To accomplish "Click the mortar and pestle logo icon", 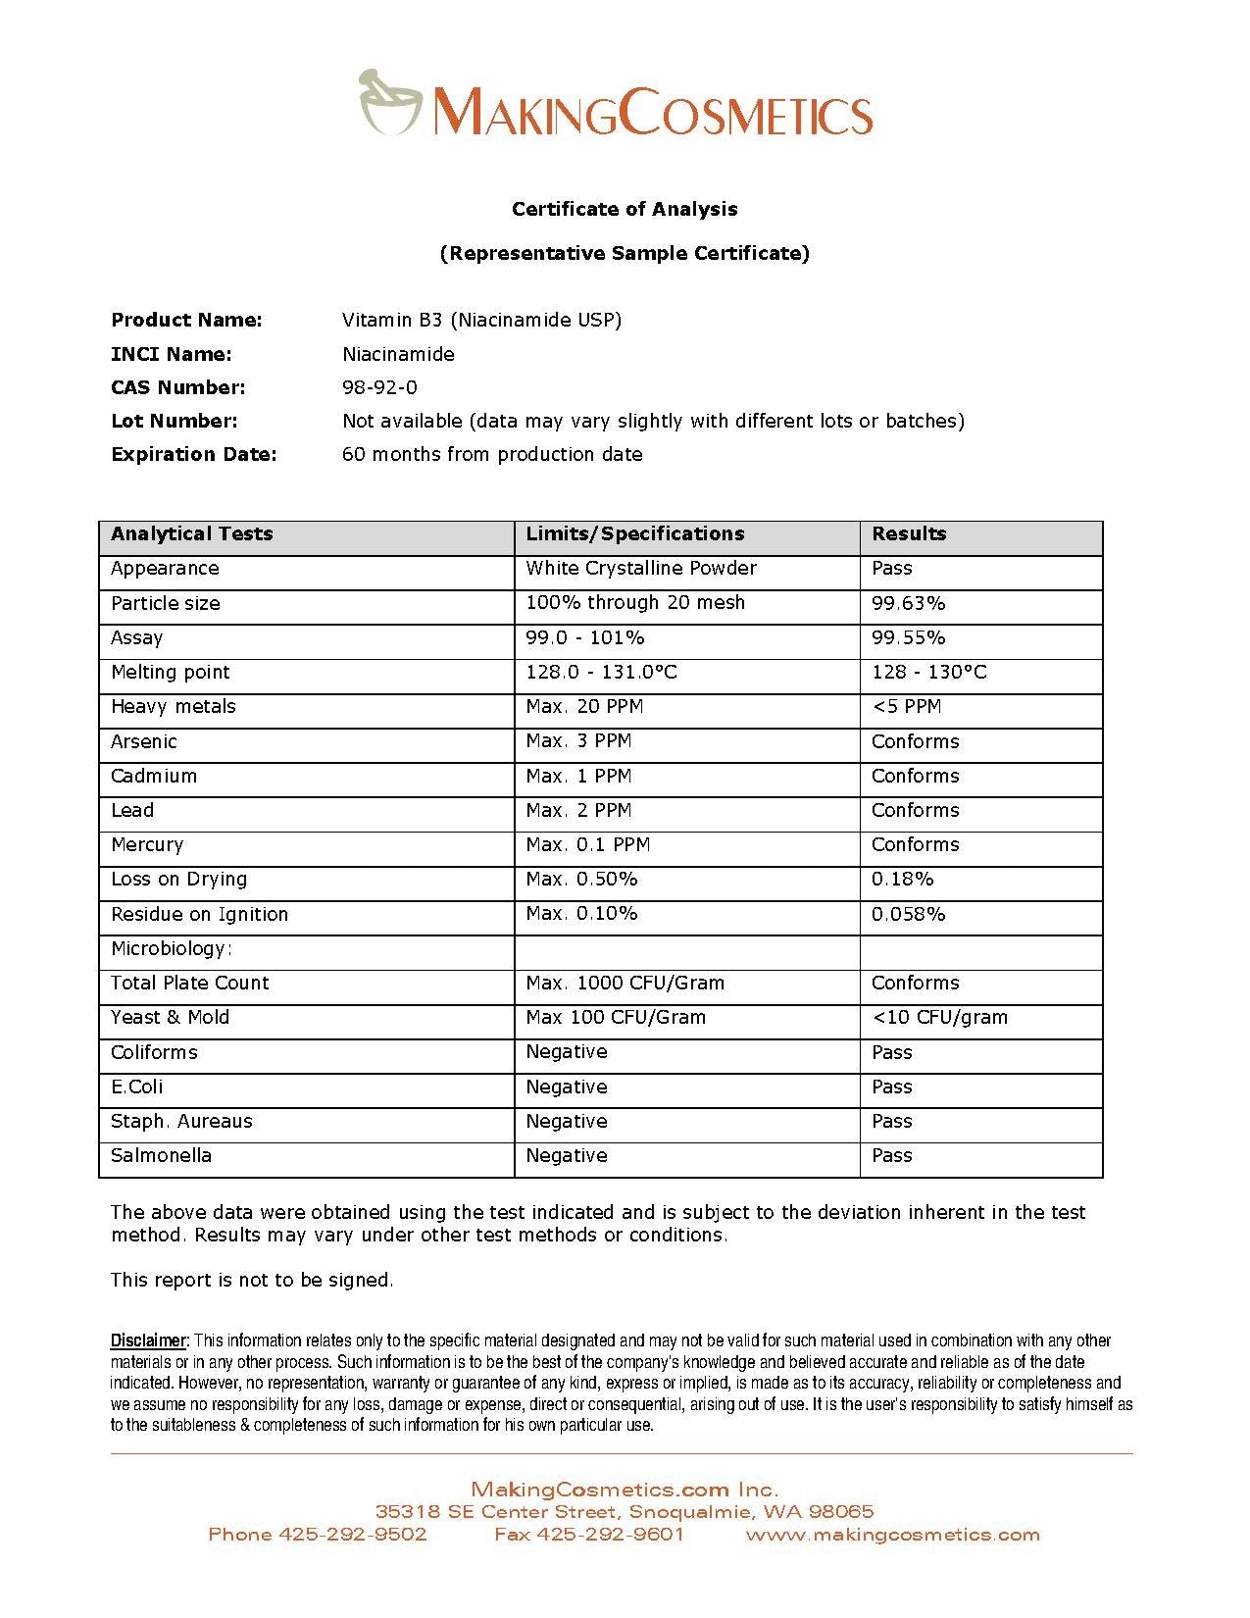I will pyautogui.click(x=389, y=101).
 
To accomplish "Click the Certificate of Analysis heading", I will pyautogui.click(x=625, y=209).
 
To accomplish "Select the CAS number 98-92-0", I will pyautogui.click(x=379, y=387).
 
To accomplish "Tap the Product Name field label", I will pyautogui.click(x=186, y=320).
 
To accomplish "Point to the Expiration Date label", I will pyautogui.click(x=194, y=454).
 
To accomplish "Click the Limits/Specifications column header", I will pyautogui.click(x=634, y=534).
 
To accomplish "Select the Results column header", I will pyautogui.click(x=909, y=534).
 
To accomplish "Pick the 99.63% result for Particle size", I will pyautogui.click(x=908, y=603).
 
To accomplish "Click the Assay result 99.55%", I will pyautogui.click(x=908, y=637).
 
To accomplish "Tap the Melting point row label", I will pyautogui.click(x=170, y=673).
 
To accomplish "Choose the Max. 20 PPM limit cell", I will pyautogui.click(x=584, y=707).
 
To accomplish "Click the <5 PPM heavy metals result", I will pyautogui.click(x=906, y=707).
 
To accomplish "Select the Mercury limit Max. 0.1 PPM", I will pyautogui.click(x=587, y=845).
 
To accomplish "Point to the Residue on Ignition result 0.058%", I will pyautogui.click(x=908, y=914).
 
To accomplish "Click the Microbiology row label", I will pyautogui.click(x=171, y=948).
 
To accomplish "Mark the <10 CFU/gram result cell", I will pyautogui.click(x=939, y=1018).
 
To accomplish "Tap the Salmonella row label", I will pyautogui.click(x=161, y=1156).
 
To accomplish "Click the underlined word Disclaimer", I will pyautogui.click(x=148, y=1340).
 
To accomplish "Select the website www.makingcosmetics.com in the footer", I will pyautogui.click(x=892, y=1535).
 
